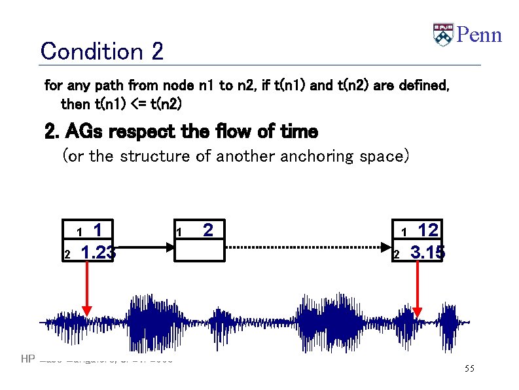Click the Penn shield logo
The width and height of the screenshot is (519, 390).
click(x=443, y=34)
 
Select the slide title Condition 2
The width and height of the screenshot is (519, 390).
click(x=101, y=50)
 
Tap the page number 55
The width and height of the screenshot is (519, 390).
click(x=469, y=369)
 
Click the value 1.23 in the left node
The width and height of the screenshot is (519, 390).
click(x=98, y=252)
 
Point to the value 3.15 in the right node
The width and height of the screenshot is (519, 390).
click(x=427, y=252)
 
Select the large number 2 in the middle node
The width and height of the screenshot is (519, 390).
click(x=207, y=230)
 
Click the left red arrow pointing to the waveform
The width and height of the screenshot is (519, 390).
click(x=86, y=288)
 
